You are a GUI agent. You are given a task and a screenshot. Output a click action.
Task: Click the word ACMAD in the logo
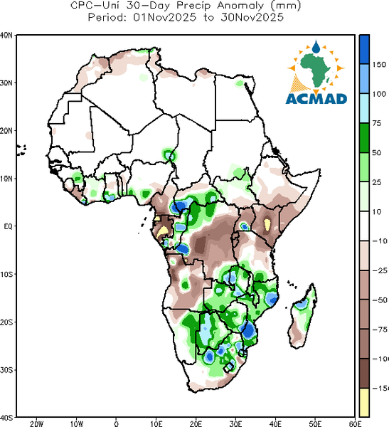click(x=316, y=99)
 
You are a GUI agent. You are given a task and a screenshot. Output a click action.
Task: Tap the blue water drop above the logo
click(x=316, y=46)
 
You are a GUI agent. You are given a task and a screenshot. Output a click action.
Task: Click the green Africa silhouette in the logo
click(x=316, y=70)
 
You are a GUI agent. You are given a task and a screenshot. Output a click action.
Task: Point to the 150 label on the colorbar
click(x=379, y=65)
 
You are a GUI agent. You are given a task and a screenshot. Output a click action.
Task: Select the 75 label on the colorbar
click(x=377, y=123)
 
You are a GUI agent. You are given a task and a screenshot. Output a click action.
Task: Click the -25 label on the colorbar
click(x=380, y=270)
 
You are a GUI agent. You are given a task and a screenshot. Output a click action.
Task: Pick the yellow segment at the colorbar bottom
click(x=364, y=402)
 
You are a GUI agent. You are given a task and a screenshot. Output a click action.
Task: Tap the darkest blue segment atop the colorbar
click(x=364, y=50)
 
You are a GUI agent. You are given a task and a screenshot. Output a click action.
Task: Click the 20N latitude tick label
click(x=6, y=131)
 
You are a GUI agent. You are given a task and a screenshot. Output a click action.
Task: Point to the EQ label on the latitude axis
click(x=8, y=226)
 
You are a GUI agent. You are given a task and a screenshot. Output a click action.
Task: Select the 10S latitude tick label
click(x=6, y=274)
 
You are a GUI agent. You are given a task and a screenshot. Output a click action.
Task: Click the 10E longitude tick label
click(x=156, y=423)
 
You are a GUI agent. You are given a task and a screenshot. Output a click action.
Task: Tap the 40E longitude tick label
click(x=275, y=423)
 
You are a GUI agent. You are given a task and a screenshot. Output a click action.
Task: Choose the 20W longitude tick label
click(x=37, y=423)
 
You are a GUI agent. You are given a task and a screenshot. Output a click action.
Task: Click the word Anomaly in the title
click(x=240, y=6)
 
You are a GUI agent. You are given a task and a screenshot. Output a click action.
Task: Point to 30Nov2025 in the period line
click(x=252, y=17)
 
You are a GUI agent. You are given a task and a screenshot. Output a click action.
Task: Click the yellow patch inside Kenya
click(x=267, y=224)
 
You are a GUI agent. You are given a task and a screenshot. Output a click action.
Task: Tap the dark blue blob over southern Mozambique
click(x=248, y=330)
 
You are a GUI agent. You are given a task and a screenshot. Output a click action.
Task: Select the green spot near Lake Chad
click(x=169, y=155)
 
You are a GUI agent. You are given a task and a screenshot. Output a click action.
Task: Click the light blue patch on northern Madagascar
click(x=302, y=304)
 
